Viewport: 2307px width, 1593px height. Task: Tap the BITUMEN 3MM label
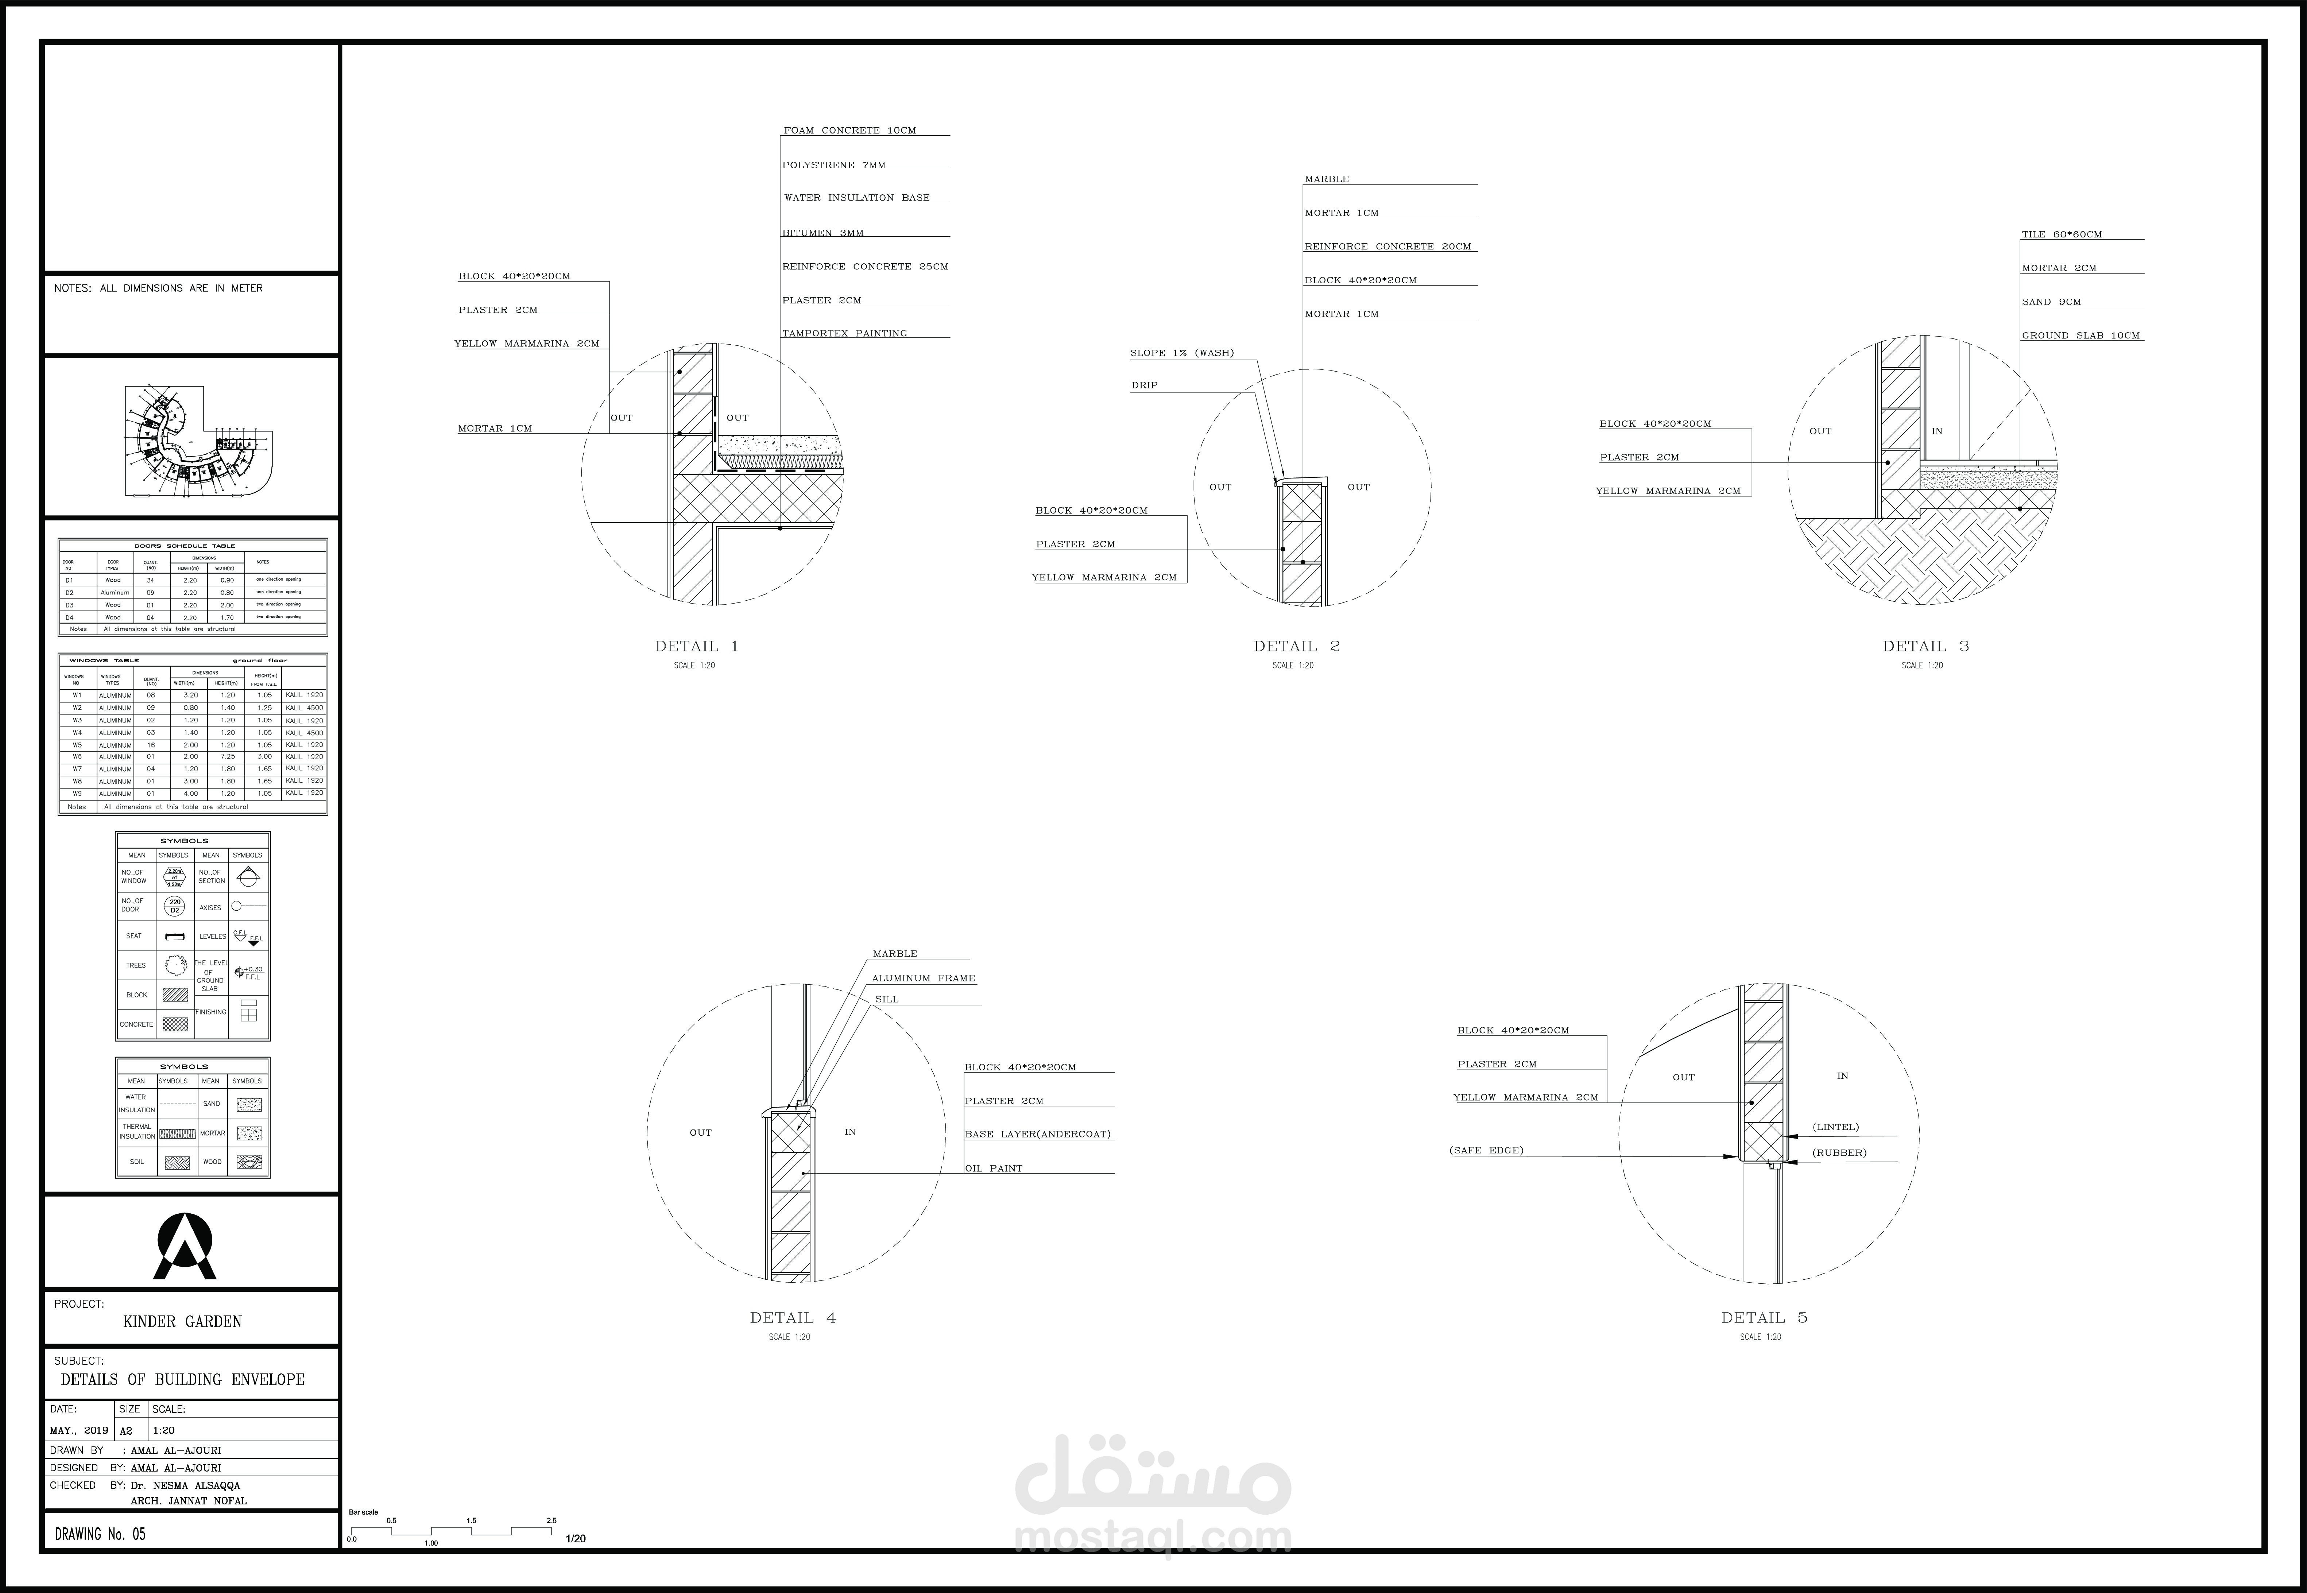pyautogui.click(x=822, y=233)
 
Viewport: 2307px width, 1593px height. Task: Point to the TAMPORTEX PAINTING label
pyautogui.click(x=844, y=333)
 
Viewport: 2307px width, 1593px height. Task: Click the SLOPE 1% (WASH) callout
pyautogui.click(x=1181, y=352)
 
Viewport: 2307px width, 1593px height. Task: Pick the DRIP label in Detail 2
pyautogui.click(x=1144, y=385)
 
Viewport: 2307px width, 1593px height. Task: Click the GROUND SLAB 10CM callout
pyautogui.click(x=2080, y=336)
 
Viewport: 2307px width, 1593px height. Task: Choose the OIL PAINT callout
pyautogui.click(x=993, y=1168)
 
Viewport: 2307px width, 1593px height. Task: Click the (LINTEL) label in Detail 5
pyautogui.click(x=1835, y=1127)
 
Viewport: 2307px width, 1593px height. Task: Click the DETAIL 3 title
pyautogui.click(x=1925, y=646)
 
